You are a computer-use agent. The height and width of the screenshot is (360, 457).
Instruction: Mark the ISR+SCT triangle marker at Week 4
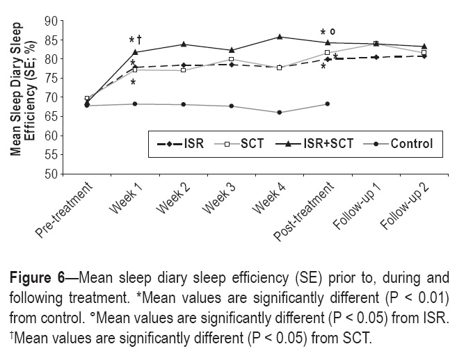coord(280,37)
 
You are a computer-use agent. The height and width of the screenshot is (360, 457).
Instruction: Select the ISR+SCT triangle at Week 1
coord(135,52)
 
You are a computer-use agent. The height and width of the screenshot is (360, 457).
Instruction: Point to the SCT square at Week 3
coord(232,59)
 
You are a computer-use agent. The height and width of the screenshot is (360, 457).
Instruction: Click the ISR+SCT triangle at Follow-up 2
coord(424,47)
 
